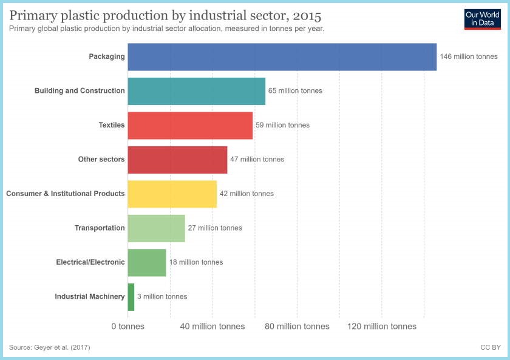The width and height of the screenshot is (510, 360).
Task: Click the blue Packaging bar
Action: [282, 56]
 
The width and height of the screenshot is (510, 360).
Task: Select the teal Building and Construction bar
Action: [196, 91]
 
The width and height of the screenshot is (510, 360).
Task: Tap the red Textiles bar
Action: [190, 125]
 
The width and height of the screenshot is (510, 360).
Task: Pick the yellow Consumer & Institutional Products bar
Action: [172, 194]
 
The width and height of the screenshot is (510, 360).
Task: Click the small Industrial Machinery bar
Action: [131, 296]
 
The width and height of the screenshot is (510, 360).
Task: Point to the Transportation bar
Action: [156, 228]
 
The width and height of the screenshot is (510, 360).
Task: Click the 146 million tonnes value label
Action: [469, 56]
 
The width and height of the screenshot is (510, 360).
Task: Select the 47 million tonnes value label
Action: [257, 159]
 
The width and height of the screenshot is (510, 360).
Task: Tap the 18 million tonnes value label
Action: [196, 262]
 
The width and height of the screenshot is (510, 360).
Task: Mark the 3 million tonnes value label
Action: [162, 296]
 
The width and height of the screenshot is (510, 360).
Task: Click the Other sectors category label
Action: [101, 159]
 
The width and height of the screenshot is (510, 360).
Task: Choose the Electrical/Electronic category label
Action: [90, 262]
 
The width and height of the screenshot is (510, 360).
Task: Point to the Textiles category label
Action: [112, 125]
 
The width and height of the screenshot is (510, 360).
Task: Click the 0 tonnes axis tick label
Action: [127, 327]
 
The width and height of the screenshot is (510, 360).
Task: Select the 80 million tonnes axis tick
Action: [297, 327]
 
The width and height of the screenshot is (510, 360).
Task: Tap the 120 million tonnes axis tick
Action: [382, 327]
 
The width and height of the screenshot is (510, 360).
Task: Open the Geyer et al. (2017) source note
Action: [50, 347]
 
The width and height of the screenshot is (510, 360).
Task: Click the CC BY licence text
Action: [490, 347]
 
